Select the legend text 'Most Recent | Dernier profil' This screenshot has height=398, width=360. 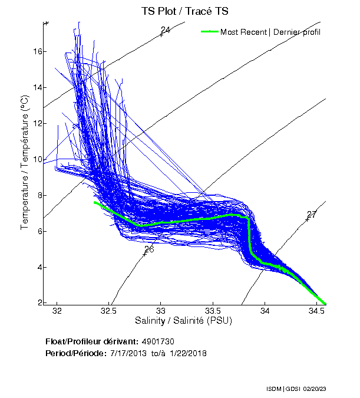pyautogui.click(x=270, y=32)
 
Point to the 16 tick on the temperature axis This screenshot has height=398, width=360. pyautogui.click(x=38, y=51)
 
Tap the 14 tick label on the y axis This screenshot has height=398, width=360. pyautogui.click(x=38, y=87)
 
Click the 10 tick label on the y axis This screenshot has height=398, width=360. pyautogui.click(x=38, y=159)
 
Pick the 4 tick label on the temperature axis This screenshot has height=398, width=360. pyautogui.click(x=39, y=267)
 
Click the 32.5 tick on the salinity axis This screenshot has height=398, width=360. pyautogui.click(x=109, y=310)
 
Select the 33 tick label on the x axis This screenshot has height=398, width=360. pyautogui.click(x=161, y=310)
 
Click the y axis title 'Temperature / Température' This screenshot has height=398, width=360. pyautogui.click(x=25, y=162)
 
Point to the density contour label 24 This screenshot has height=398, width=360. pyautogui.click(x=166, y=30)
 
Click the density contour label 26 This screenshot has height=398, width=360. pyautogui.click(x=149, y=249)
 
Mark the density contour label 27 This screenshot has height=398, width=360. pyautogui.click(x=312, y=215)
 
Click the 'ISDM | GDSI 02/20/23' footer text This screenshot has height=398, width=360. pyautogui.click(x=296, y=389)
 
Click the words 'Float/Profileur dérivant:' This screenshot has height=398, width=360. pyautogui.click(x=91, y=341)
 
